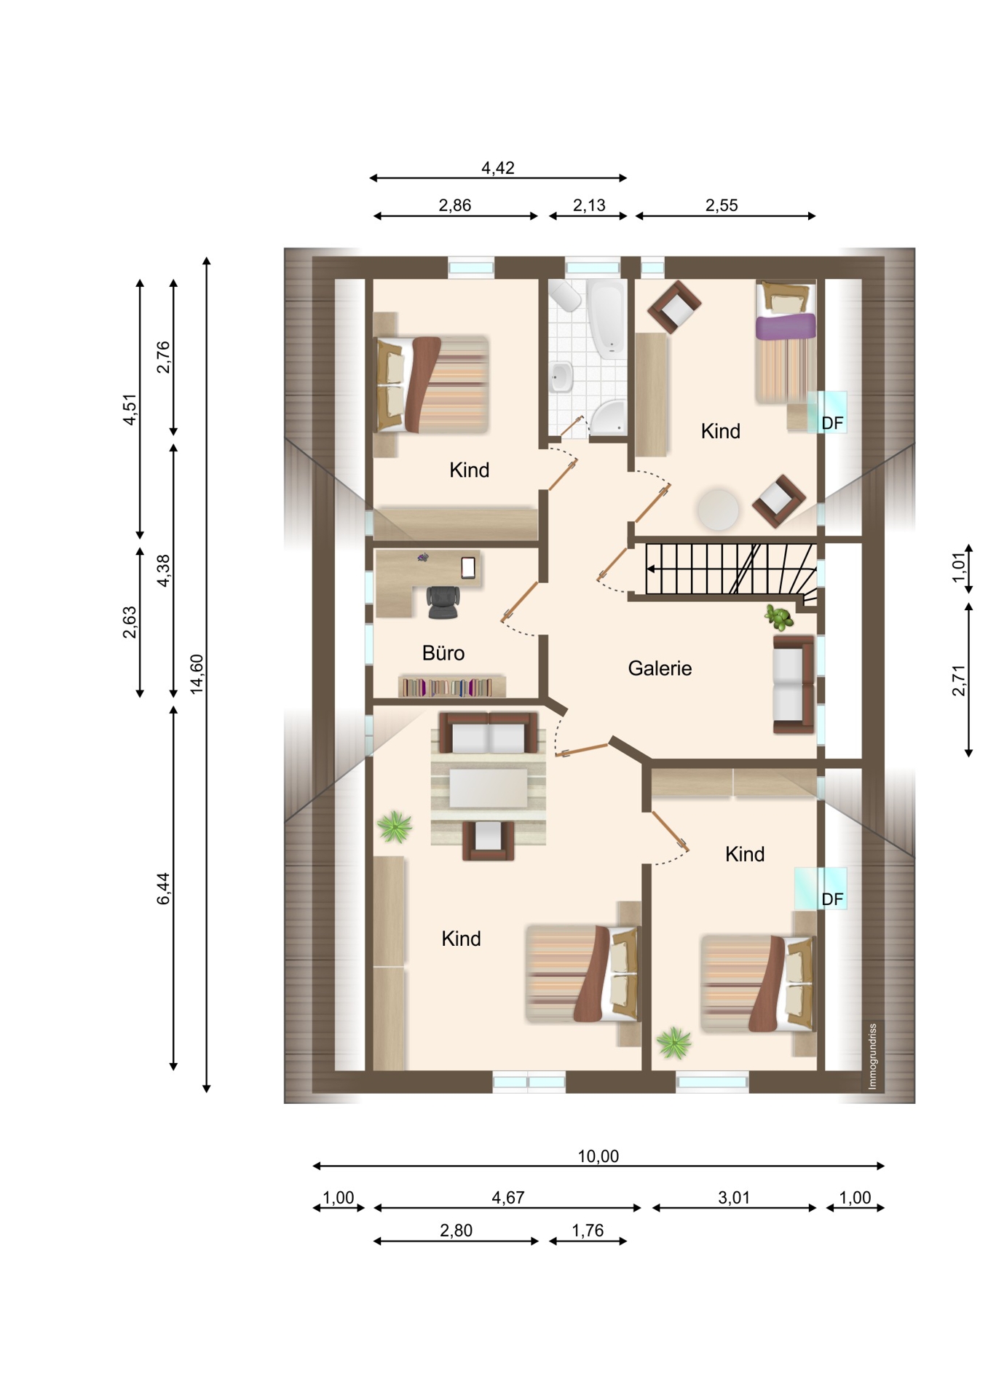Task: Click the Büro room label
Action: click(443, 652)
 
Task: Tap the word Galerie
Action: click(660, 668)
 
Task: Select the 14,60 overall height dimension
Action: click(197, 674)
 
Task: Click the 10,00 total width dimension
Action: click(598, 1156)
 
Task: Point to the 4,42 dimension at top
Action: click(498, 168)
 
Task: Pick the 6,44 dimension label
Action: click(164, 888)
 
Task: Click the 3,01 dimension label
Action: click(734, 1197)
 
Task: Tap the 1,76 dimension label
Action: click(588, 1230)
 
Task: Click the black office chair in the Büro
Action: click(443, 601)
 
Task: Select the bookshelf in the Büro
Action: click(451, 686)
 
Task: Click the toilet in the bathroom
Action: click(565, 295)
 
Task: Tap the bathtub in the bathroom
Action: click(606, 319)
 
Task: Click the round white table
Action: click(718, 508)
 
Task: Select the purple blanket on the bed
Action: click(785, 325)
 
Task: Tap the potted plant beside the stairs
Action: click(780, 617)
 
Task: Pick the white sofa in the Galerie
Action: click(794, 684)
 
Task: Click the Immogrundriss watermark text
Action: click(872, 1056)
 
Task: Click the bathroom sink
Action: click(561, 376)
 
